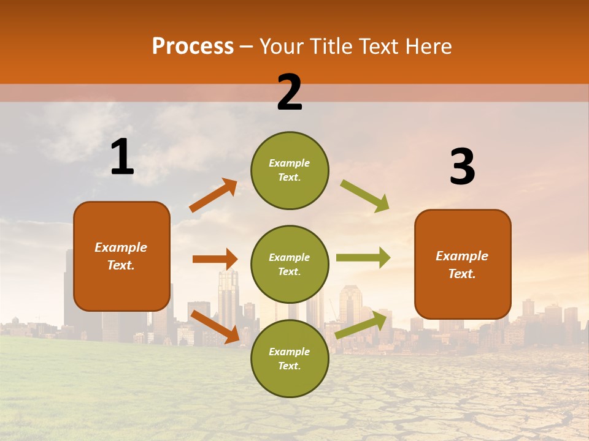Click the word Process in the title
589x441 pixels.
193,47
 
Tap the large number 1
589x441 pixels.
122,157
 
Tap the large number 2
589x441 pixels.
290,92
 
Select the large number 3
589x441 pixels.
462,167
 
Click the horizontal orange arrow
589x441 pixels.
215,259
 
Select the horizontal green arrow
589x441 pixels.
363,258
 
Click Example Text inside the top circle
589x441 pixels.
290,170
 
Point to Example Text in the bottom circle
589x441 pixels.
290,359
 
